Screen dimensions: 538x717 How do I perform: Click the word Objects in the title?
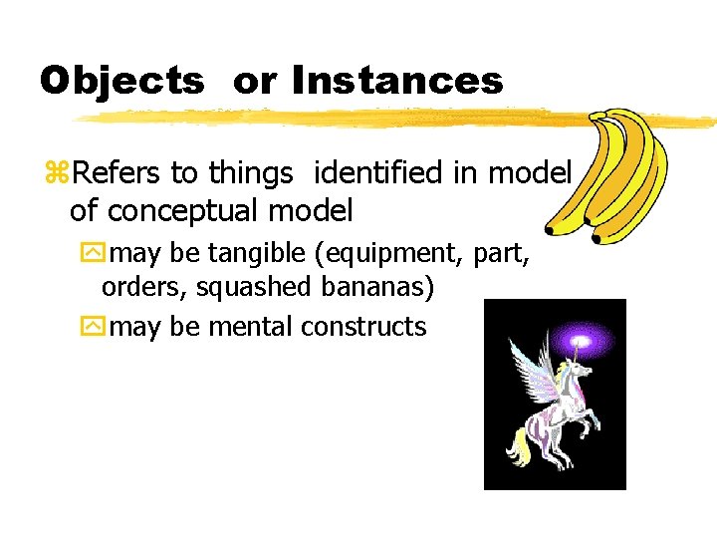120,80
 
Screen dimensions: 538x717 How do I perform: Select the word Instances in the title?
398,80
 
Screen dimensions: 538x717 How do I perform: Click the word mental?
249,326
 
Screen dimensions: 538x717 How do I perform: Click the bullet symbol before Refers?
57,174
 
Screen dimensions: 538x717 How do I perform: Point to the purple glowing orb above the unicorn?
581,345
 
